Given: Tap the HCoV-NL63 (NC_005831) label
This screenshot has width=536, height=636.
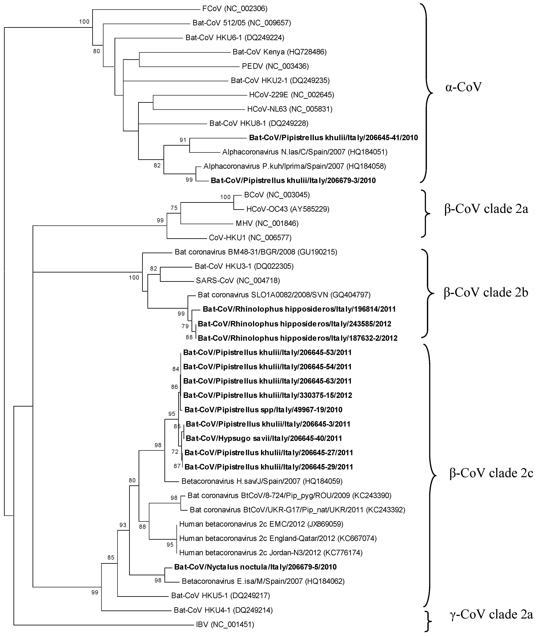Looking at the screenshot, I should click(x=290, y=109).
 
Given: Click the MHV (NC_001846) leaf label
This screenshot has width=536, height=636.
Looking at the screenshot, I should click(x=267, y=223).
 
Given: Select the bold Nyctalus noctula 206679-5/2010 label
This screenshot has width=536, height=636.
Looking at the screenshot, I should click(x=255, y=567).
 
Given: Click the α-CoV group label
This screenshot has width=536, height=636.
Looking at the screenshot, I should click(x=463, y=87).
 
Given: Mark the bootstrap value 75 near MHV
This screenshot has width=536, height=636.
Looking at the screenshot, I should click(x=174, y=208).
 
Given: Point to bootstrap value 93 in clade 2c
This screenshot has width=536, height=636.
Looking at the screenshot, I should click(x=123, y=525).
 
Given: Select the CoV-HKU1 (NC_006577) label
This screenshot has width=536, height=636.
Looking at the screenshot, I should click(x=250, y=237).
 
